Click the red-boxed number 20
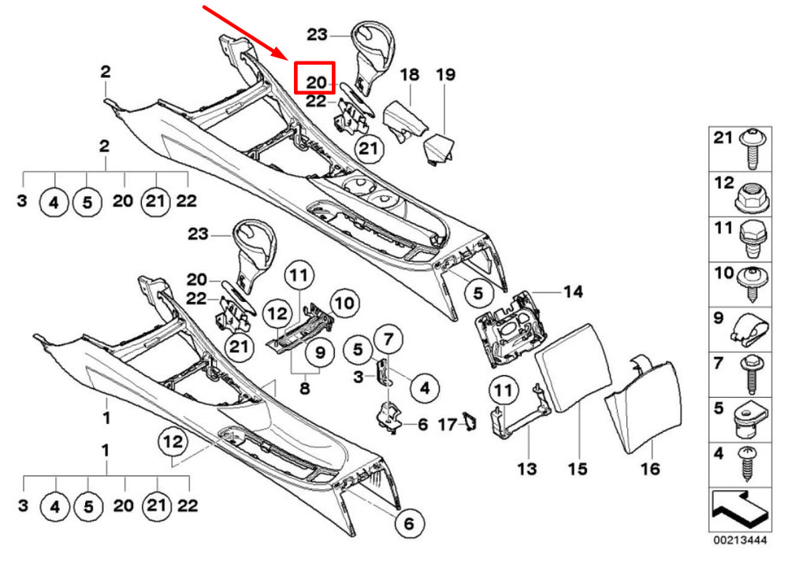click(315, 80)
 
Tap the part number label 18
click(409, 76)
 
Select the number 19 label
click(445, 76)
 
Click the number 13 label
click(526, 469)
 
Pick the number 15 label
click(578, 469)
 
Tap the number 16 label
click(649, 469)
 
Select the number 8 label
click(304, 388)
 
